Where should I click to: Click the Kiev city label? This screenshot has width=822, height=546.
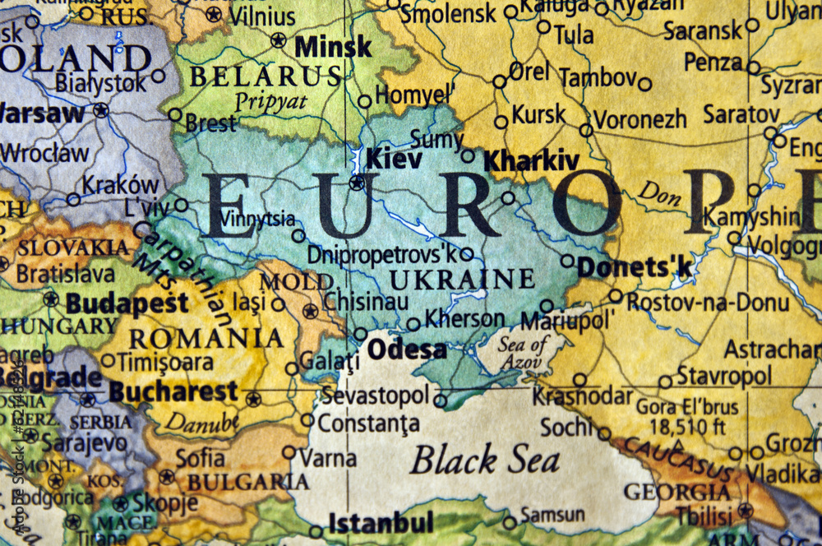(x=394, y=158)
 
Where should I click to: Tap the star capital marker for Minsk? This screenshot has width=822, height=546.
(x=279, y=39)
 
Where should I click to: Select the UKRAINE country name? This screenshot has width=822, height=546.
(x=462, y=279)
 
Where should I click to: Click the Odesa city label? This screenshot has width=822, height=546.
(x=407, y=349)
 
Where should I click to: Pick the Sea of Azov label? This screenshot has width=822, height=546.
(x=523, y=352)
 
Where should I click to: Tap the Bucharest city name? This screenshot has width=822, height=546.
(x=173, y=391)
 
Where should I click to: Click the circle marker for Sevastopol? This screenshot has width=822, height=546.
(x=440, y=401)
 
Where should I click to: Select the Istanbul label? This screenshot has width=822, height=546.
(x=381, y=522)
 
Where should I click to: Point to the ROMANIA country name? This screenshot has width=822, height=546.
(x=206, y=338)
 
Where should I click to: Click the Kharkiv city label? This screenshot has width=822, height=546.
(x=532, y=160)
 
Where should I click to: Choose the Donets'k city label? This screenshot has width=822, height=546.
(x=635, y=266)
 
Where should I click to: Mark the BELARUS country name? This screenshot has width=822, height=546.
(x=265, y=76)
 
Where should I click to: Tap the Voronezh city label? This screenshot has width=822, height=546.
(x=640, y=119)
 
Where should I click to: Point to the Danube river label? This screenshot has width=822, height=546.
(x=201, y=422)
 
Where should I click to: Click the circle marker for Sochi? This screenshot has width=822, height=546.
(x=604, y=433)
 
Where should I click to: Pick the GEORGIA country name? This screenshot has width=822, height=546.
(x=677, y=493)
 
